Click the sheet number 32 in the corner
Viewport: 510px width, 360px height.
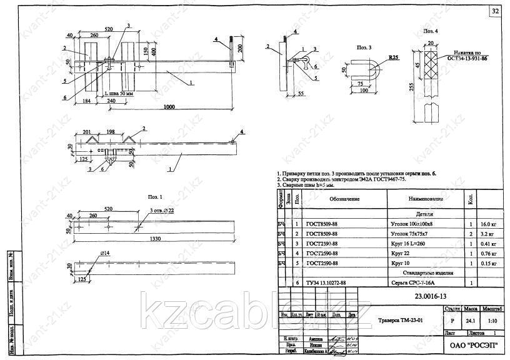[495, 12]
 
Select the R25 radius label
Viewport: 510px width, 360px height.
[394, 57]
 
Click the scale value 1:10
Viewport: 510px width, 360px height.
[492, 321]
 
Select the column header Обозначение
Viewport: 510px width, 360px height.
[345, 199]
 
